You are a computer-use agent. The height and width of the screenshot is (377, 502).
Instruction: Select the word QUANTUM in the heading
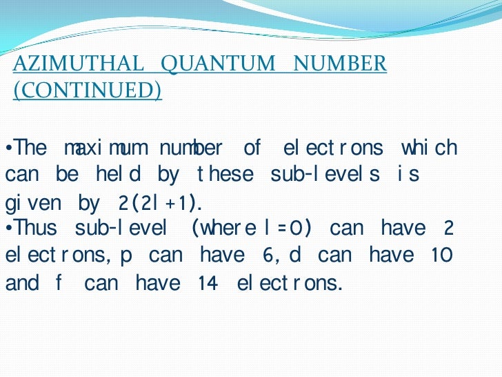coord(218,64)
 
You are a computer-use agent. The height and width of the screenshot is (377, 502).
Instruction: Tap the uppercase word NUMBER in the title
coord(340,64)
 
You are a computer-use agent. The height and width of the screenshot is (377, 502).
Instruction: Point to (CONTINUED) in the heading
coord(88,90)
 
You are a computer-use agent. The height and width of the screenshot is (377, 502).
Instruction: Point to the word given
coord(34,204)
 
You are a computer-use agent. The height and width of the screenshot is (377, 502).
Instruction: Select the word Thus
coord(35,229)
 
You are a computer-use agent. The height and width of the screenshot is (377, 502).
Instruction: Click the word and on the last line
coord(22,283)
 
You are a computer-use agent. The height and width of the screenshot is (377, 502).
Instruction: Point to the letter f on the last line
coord(58,283)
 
